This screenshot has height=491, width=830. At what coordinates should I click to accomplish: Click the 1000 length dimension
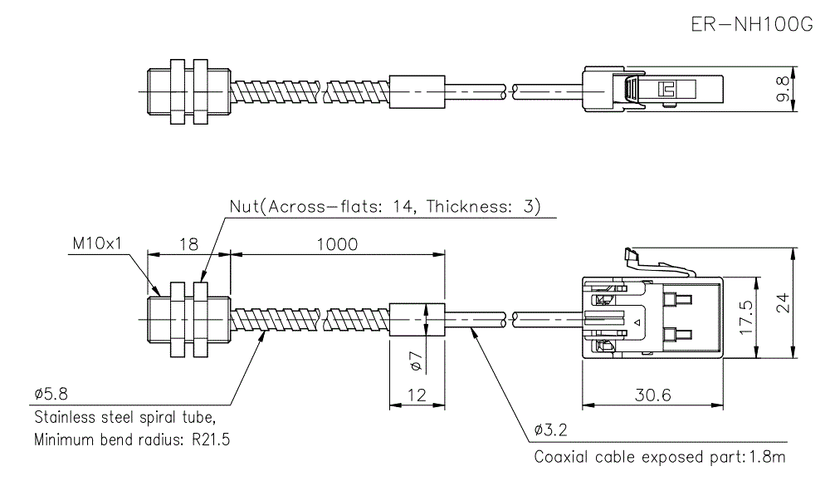pos(337,244)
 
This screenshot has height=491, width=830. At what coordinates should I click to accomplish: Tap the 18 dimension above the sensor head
pos(188,244)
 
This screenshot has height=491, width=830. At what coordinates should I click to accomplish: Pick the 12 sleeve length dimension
pos(417,396)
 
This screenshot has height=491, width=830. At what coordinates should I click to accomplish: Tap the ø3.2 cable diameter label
pos(550,430)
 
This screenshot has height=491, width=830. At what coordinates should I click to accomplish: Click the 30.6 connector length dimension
pos(652,396)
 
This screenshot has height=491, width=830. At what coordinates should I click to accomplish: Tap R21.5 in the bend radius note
pos(208,439)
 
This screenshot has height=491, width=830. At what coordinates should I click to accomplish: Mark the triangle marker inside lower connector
pos(637,320)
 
